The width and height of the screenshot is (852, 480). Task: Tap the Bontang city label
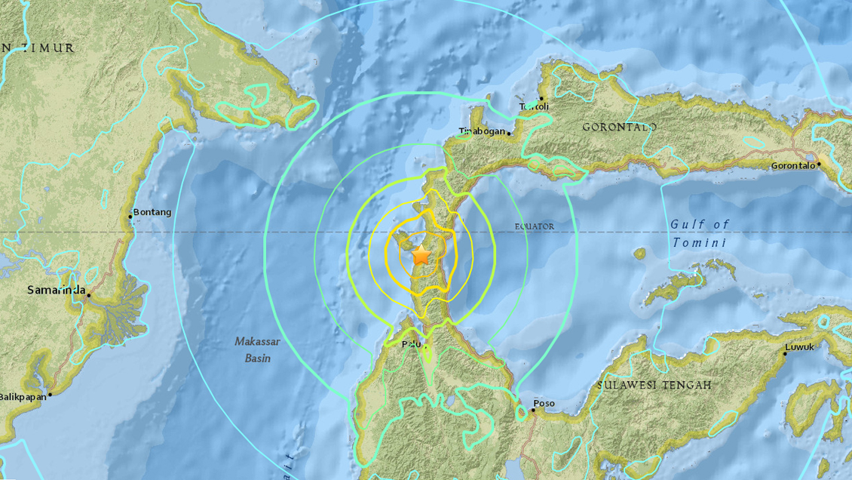click(x=152, y=212)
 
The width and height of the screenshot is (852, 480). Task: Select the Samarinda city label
click(x=55, y=290)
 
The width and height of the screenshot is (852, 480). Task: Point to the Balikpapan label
click(x=23, y=397)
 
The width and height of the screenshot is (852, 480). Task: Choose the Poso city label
click(x=544, y=404)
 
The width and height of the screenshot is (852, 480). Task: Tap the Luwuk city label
click(x=799, y=347)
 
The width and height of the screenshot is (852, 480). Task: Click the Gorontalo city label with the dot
click(x=792, y=165)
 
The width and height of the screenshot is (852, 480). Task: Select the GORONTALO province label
click(x=620, y=128)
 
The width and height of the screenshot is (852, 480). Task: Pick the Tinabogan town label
click(x=482, y=131)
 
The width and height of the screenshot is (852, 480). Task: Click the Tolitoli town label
click(x=534, y=106)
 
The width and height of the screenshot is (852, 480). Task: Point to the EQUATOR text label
click(x=535, y=226)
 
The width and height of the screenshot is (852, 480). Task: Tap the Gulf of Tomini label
click(x=700, y=233)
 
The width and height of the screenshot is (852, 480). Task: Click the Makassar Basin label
click(x=257, y=349)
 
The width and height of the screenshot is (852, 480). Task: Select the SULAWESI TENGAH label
click(x=654, y=385)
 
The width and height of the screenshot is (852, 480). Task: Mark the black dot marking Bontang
click(x=130, y=217)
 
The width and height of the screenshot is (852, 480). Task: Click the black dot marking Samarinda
click(x=88, y=295)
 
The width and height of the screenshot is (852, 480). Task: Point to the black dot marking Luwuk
click(x=784, y=354)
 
